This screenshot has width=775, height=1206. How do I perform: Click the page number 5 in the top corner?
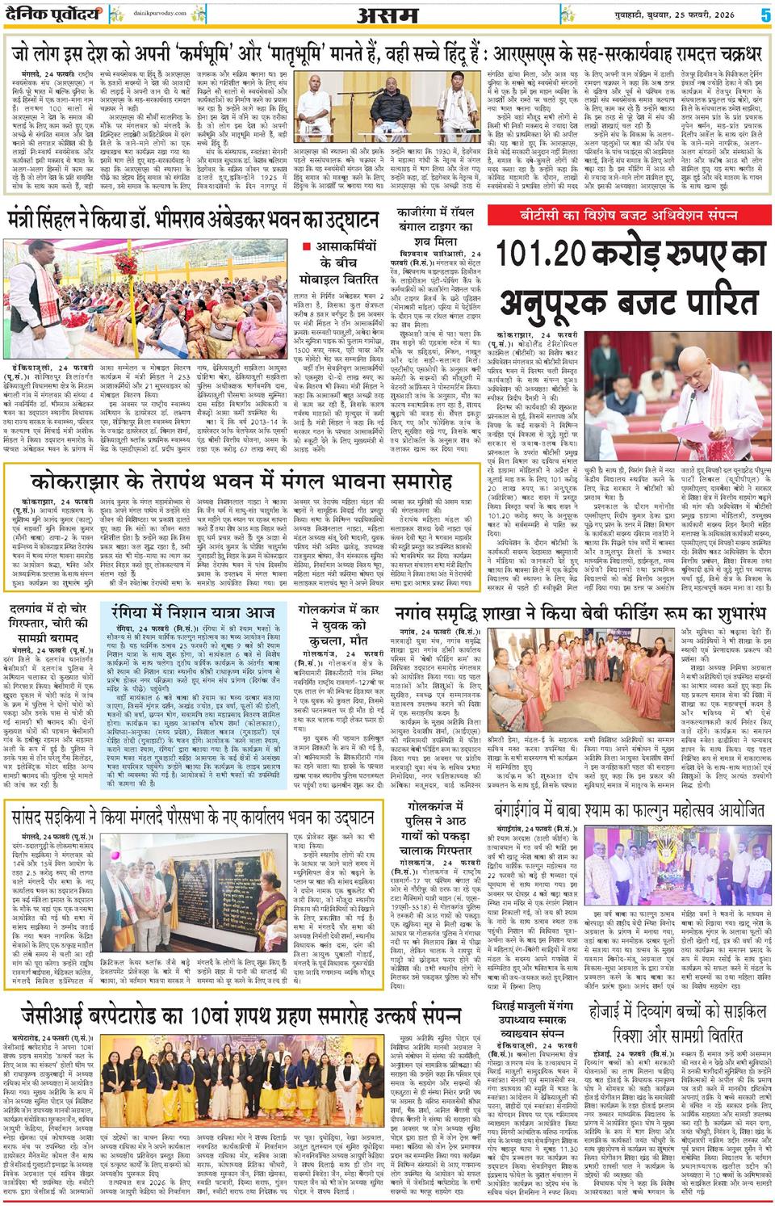pos(763,15)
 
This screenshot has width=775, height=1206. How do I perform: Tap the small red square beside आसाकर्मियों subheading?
pos(307,246)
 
